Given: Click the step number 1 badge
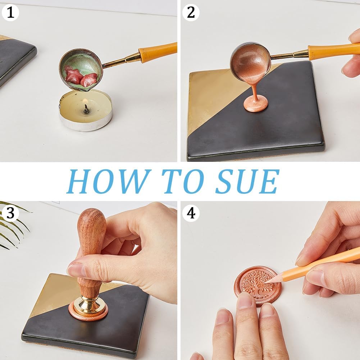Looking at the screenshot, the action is (10, 13).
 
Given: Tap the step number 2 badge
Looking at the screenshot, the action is (191, 13).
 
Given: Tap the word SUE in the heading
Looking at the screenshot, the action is (247, 181).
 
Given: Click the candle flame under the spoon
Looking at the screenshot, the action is (85, 101).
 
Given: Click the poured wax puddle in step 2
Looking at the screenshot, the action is (256, 104).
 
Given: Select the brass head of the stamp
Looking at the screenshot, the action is (88, 306).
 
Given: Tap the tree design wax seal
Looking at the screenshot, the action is (258, 286).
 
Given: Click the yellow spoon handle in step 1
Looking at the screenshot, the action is (158, 52).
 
